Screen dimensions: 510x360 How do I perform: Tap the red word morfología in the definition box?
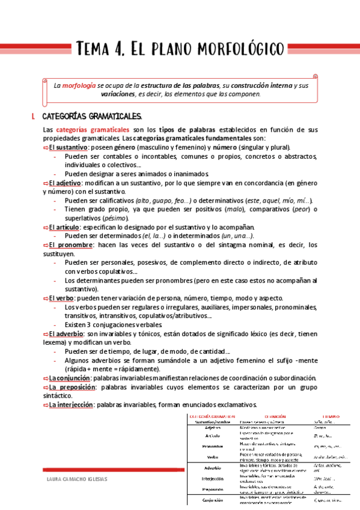79,85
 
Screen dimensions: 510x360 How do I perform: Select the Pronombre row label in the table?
213,446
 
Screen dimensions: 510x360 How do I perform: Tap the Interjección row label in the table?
213,479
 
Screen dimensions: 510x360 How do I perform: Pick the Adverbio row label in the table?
213,467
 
